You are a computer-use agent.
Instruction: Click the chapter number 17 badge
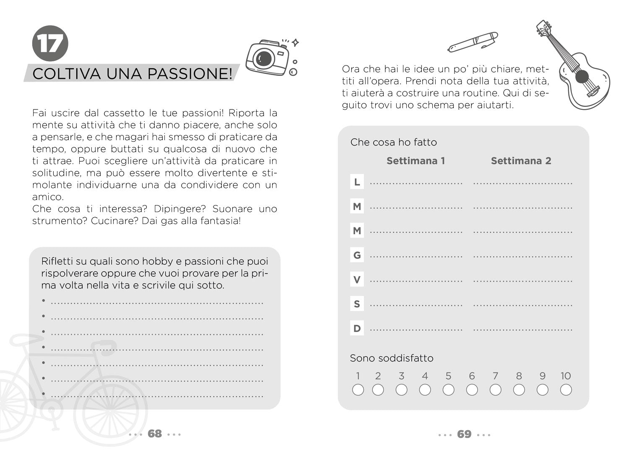(50, 43)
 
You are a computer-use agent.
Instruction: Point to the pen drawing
(473, 42)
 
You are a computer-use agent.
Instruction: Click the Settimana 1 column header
(416, 161)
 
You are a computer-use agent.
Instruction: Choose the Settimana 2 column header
(521, 161)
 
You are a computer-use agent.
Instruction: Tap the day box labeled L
(357, 182)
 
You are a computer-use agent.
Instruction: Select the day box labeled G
(357, 255)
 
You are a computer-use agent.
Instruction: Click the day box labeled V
(357, 279)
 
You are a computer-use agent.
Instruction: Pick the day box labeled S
(357, 304)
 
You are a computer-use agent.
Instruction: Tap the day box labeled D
(357, 328)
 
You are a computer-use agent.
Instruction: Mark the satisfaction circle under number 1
(358, 390)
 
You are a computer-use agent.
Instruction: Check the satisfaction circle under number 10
(566, 390)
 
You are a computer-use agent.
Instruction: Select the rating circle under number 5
(448, 390)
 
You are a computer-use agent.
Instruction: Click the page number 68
(155, 434)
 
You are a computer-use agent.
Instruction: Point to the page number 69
(464, 434)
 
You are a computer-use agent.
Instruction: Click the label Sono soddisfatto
(392, 358)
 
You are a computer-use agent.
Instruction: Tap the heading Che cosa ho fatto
(393, 142)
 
